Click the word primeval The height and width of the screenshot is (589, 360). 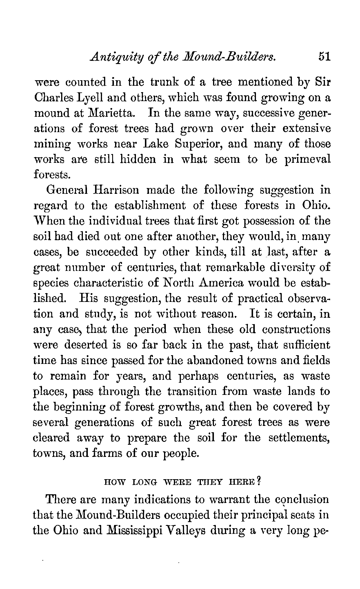coord(308,159)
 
